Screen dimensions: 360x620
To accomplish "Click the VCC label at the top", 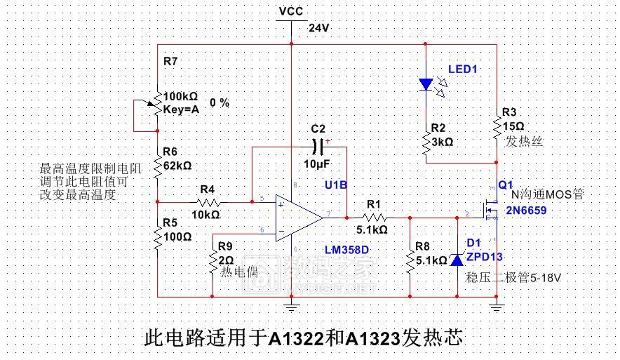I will (290, 11).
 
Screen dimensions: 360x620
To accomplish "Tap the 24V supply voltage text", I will (319, 28).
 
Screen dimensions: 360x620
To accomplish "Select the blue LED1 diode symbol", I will (426, 84).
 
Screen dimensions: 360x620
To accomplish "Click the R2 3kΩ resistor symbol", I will (426, 141).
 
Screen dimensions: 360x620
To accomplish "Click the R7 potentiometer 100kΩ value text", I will (180, 97).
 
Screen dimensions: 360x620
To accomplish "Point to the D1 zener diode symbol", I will (457, 260).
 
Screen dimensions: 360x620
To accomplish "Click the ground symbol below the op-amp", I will (290, 305).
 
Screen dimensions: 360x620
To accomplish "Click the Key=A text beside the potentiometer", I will (181, 109).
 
